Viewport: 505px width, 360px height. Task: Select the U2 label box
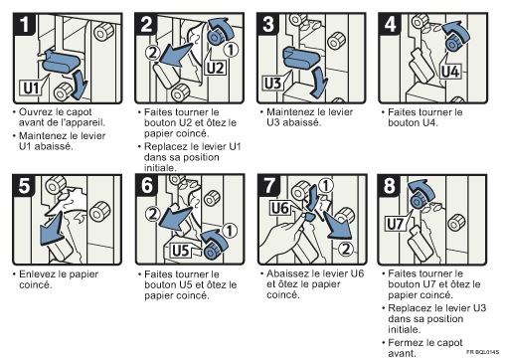pyautogui.click(x=216, y=68)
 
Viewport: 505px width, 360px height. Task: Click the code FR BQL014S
pyautogui.click(x=480, y=353)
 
